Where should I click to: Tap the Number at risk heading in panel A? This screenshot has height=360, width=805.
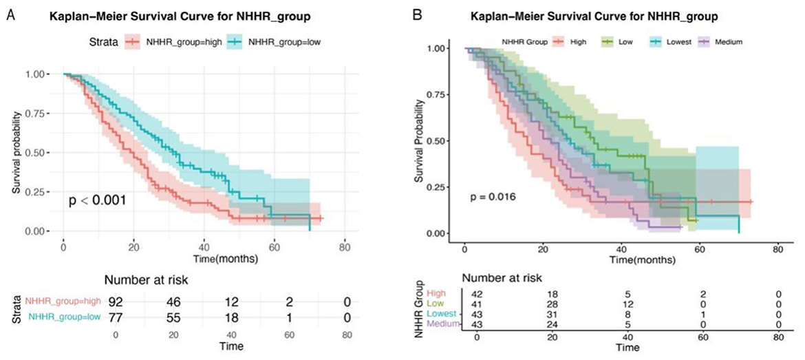click(x=145, y=279)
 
